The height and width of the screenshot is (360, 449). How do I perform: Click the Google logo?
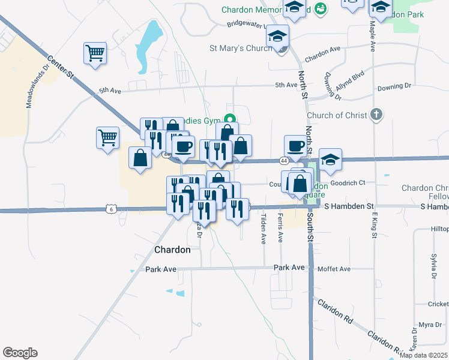[x=20, y=353]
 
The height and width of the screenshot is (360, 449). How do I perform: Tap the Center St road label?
[x=60, y=67]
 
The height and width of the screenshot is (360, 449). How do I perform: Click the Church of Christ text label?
[x=336, y=115]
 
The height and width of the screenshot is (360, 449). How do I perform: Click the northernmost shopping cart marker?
[x=95, y=54]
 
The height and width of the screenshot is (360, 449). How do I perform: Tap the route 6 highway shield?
[x=109, y=209]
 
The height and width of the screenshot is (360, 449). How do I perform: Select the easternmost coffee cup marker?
[x=295, y=146]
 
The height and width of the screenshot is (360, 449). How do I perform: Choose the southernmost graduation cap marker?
[x=330, y=160]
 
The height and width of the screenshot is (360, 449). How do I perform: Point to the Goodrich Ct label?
[x=348, y=182]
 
